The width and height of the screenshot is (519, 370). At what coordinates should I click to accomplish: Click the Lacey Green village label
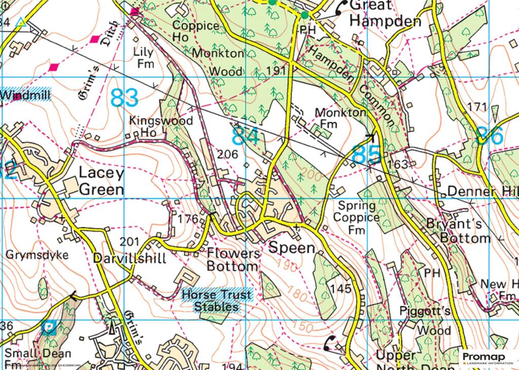click(101, 181)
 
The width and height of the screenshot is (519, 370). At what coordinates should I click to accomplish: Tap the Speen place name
click(291, 248)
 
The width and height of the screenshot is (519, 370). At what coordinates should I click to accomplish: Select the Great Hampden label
click(385, 14)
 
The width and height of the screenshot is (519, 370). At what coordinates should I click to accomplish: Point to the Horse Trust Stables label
click(210, 300)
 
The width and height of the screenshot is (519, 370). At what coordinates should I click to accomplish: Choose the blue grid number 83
click(124, 98)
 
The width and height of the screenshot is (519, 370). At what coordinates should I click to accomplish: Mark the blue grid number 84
click(246, 137)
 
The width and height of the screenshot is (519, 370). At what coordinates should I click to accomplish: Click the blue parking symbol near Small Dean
click(49, 328)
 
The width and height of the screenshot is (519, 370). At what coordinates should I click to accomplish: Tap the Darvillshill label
click(130, 259)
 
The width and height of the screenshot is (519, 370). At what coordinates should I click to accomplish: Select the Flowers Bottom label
click(233, 259)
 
